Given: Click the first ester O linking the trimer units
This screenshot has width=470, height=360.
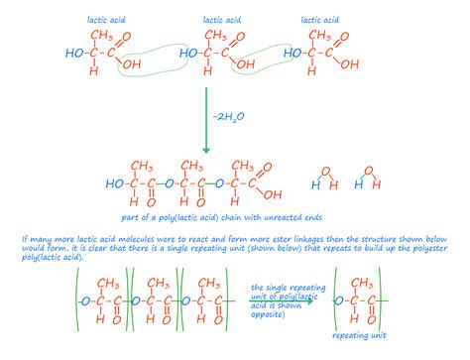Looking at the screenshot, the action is click(171, 183).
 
